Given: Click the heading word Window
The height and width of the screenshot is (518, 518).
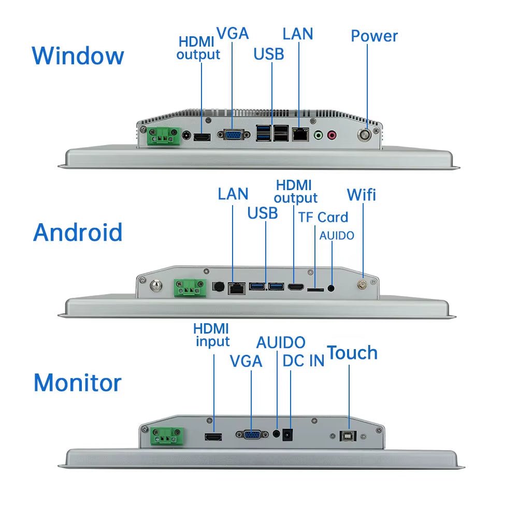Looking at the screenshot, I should [x=78, y=55].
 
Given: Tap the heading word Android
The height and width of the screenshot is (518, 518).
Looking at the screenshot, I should [x=78, y=233].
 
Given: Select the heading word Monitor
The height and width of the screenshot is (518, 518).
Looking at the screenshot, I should [x=78, y=383].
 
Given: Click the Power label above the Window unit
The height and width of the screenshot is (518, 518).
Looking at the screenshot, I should [x=374, y=36].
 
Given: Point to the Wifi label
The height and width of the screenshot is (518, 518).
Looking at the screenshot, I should [x=361, y=195].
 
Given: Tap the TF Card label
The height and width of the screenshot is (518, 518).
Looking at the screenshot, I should [x=323, y=217].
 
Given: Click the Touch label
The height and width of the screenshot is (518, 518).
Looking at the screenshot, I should [x=352, y=353].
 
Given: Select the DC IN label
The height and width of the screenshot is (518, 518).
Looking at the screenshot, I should [x=303, y=361].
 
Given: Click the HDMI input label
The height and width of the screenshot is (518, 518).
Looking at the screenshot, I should [x=211, y=335].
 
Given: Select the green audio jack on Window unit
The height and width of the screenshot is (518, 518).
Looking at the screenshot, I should [x=319, y=135].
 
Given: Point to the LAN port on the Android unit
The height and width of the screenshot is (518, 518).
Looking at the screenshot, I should [x=237, y=288].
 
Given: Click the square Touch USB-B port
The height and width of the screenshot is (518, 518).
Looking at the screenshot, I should [x=346, y=436].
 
